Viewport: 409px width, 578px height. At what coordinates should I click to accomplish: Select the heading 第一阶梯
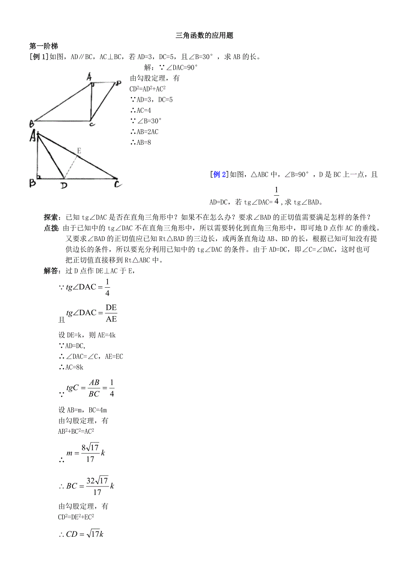pyautogui.click(x=44, y=46)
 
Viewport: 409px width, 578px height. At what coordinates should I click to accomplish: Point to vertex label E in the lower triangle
pyautogui.click(x=79, y=151)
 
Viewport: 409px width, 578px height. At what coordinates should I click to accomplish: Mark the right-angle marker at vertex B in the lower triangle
pyautogui.click(x=40, y=177)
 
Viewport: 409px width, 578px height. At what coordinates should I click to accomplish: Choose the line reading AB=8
pyautogui.click(x=141, y=143)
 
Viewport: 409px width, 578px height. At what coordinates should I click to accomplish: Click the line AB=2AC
pyautogui.click(x=144, y=132)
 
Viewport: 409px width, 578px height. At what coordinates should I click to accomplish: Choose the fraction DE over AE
pyautogui.click(x=111, y=313)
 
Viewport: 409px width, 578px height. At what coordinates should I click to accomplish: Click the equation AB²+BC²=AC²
pyautogui.click(x=76, y=431)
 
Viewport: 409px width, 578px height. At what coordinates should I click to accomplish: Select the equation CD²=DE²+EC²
pyautogui.click(x=76, y=517)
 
